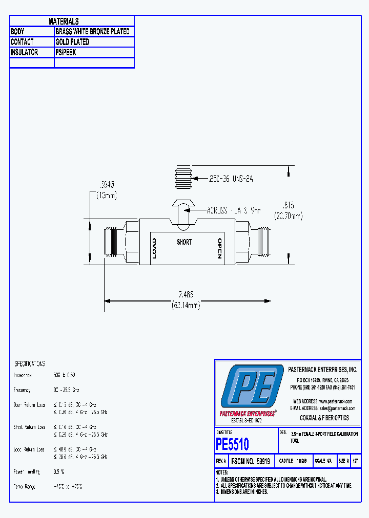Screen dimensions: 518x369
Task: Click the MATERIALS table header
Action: [64, 21]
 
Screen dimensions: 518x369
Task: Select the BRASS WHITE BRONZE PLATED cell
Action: [92, 32]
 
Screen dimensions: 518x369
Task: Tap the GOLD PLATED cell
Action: [72, 42]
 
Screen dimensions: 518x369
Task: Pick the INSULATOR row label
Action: [24, 53]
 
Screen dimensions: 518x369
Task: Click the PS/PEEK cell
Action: [66, 53]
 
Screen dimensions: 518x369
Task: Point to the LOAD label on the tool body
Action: [154, 248]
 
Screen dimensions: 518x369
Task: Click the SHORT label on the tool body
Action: [184, 242]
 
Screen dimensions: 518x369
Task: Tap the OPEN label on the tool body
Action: [219, 248]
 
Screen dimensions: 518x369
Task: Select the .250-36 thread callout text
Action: [230, 179]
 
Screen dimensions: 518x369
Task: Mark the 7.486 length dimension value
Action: [186, 295]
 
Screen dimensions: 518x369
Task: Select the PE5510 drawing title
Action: [232, 443]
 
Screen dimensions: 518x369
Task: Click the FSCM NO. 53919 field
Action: [251, 461]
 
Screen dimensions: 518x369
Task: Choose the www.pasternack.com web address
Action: [331, 401]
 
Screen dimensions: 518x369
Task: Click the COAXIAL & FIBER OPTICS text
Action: [324, 418]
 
